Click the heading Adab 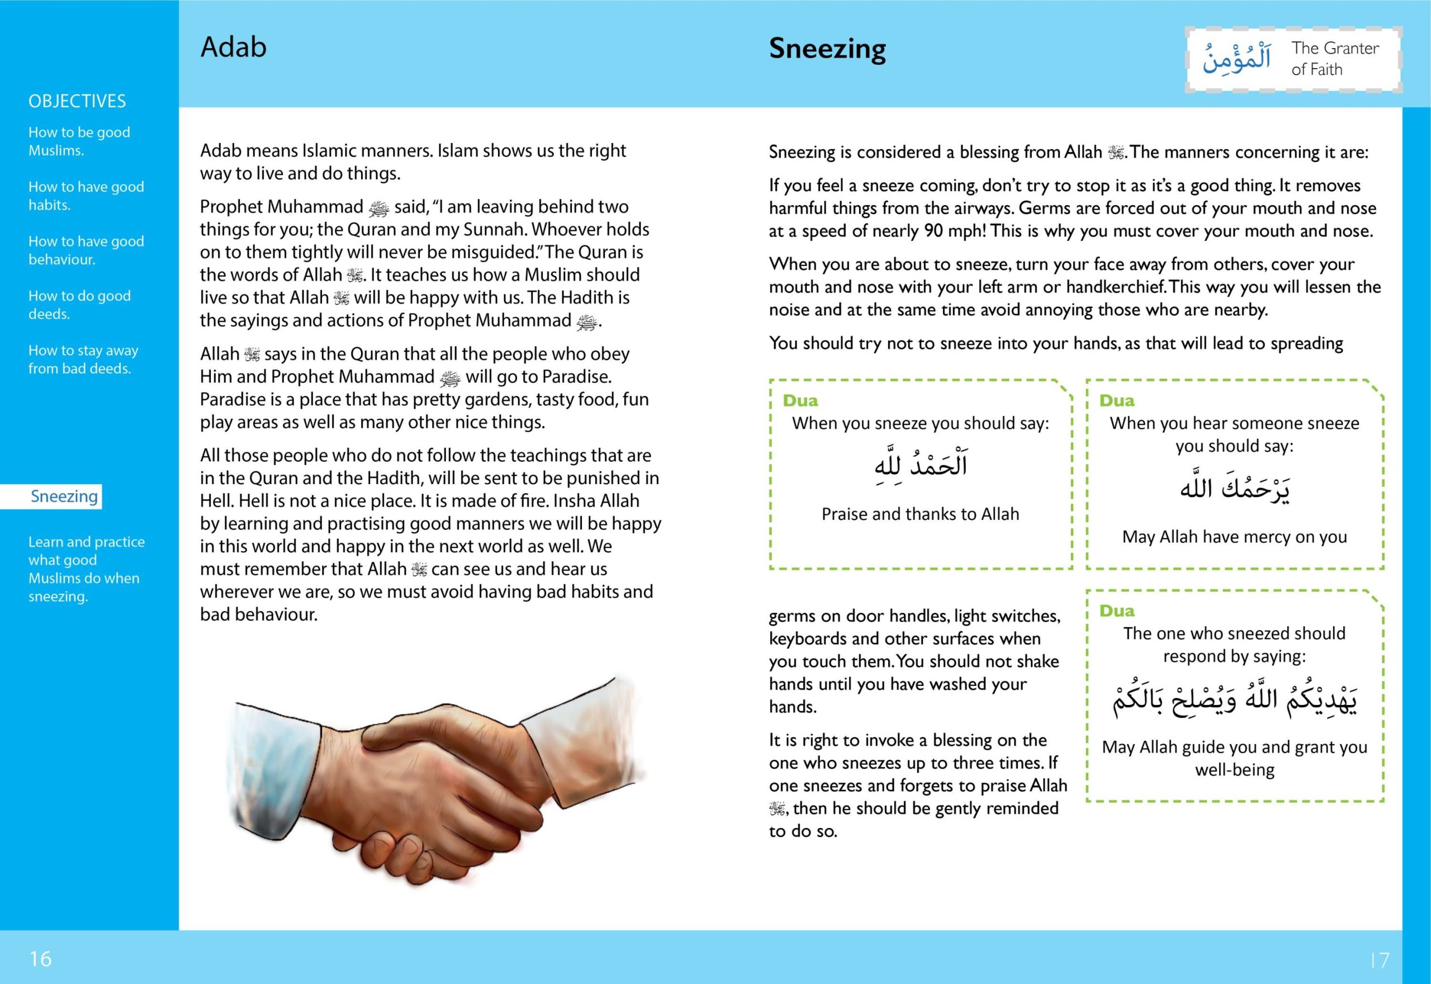[233, 48]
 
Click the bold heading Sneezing [827, 49]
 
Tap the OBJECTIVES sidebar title [77, 101]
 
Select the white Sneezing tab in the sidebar [64, 496]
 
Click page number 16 [41, 959]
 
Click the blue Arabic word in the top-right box [1236, 60]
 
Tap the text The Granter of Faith [1334, 59]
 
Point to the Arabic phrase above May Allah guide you [1234, 701]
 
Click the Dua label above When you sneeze [800, 401]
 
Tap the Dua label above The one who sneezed [1117, 611]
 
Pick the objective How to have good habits [86, 196]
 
